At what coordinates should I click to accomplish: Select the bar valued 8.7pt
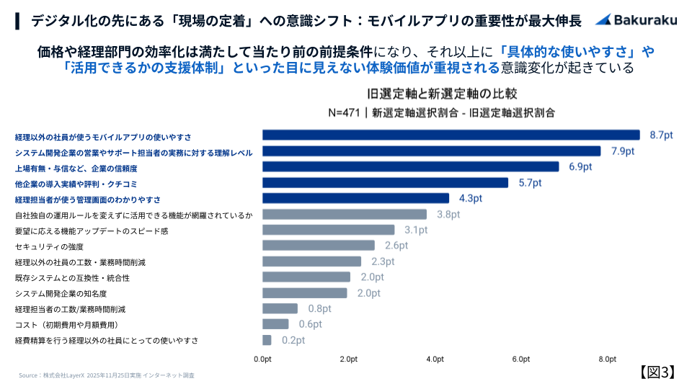click(x=451, y=135)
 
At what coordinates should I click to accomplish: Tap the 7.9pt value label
click(x=622, y=151)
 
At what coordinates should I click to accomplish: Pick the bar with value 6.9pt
click(x=411, y=166)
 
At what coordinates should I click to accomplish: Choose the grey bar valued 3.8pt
click(x=345, y=214)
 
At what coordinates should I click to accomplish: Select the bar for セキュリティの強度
click(x=319, y=246)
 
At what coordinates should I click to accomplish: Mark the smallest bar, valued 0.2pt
click(x=267, y=340)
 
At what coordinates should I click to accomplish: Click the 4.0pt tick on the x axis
click(x=435, y=359)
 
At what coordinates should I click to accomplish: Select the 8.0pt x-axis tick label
click(x=607, y=359)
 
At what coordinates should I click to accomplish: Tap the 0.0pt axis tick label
click(x=262, y=359)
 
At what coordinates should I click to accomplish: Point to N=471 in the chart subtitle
click(x=343, y=112)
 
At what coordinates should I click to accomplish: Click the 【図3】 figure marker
click(x=657, y=372)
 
